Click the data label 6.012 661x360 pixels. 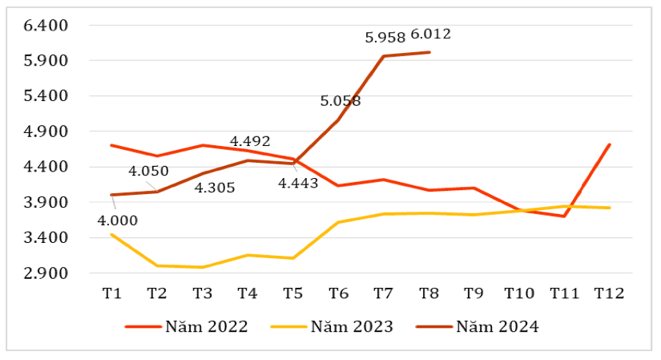pos(431,34)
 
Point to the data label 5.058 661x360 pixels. pos(341,101)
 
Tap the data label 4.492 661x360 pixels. pos(250,142)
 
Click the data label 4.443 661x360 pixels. pos(298,183)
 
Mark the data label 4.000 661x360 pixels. pos(118,220)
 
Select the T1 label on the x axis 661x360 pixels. pos(112,293)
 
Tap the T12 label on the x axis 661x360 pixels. pos(609,293)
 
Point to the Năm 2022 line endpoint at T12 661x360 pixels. pos(610,145)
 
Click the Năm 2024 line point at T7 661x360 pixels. pos(384,56)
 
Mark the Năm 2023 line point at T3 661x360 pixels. pos(203,267)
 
